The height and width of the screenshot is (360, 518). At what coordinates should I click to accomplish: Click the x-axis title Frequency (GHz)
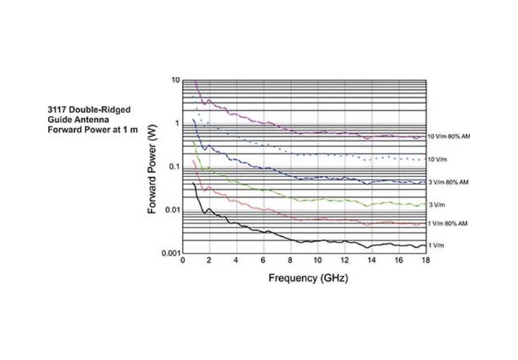pos(307,278)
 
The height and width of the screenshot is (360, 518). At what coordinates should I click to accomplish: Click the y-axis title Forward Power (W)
pos(153,167)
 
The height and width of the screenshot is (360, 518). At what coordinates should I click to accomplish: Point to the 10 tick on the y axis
pos(175,80)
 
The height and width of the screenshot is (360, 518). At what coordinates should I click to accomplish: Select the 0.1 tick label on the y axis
pos(173,167)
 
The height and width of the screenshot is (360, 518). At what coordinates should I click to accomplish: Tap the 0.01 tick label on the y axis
pos(171,210)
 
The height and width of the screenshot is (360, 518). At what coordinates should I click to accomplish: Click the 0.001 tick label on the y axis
pos(169,253)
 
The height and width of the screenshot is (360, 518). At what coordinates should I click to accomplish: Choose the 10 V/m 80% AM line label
pos(449,136)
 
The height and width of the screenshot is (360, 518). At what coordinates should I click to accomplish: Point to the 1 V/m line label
pos(436,246)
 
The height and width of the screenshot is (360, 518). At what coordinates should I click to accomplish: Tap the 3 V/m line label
pos(436,205)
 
